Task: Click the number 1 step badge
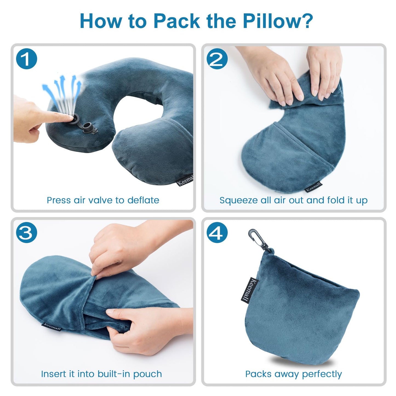coord(27,59)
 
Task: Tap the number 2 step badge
coord(217,59)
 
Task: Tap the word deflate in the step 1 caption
coord(143,200)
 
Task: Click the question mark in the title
coord(307,21)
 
